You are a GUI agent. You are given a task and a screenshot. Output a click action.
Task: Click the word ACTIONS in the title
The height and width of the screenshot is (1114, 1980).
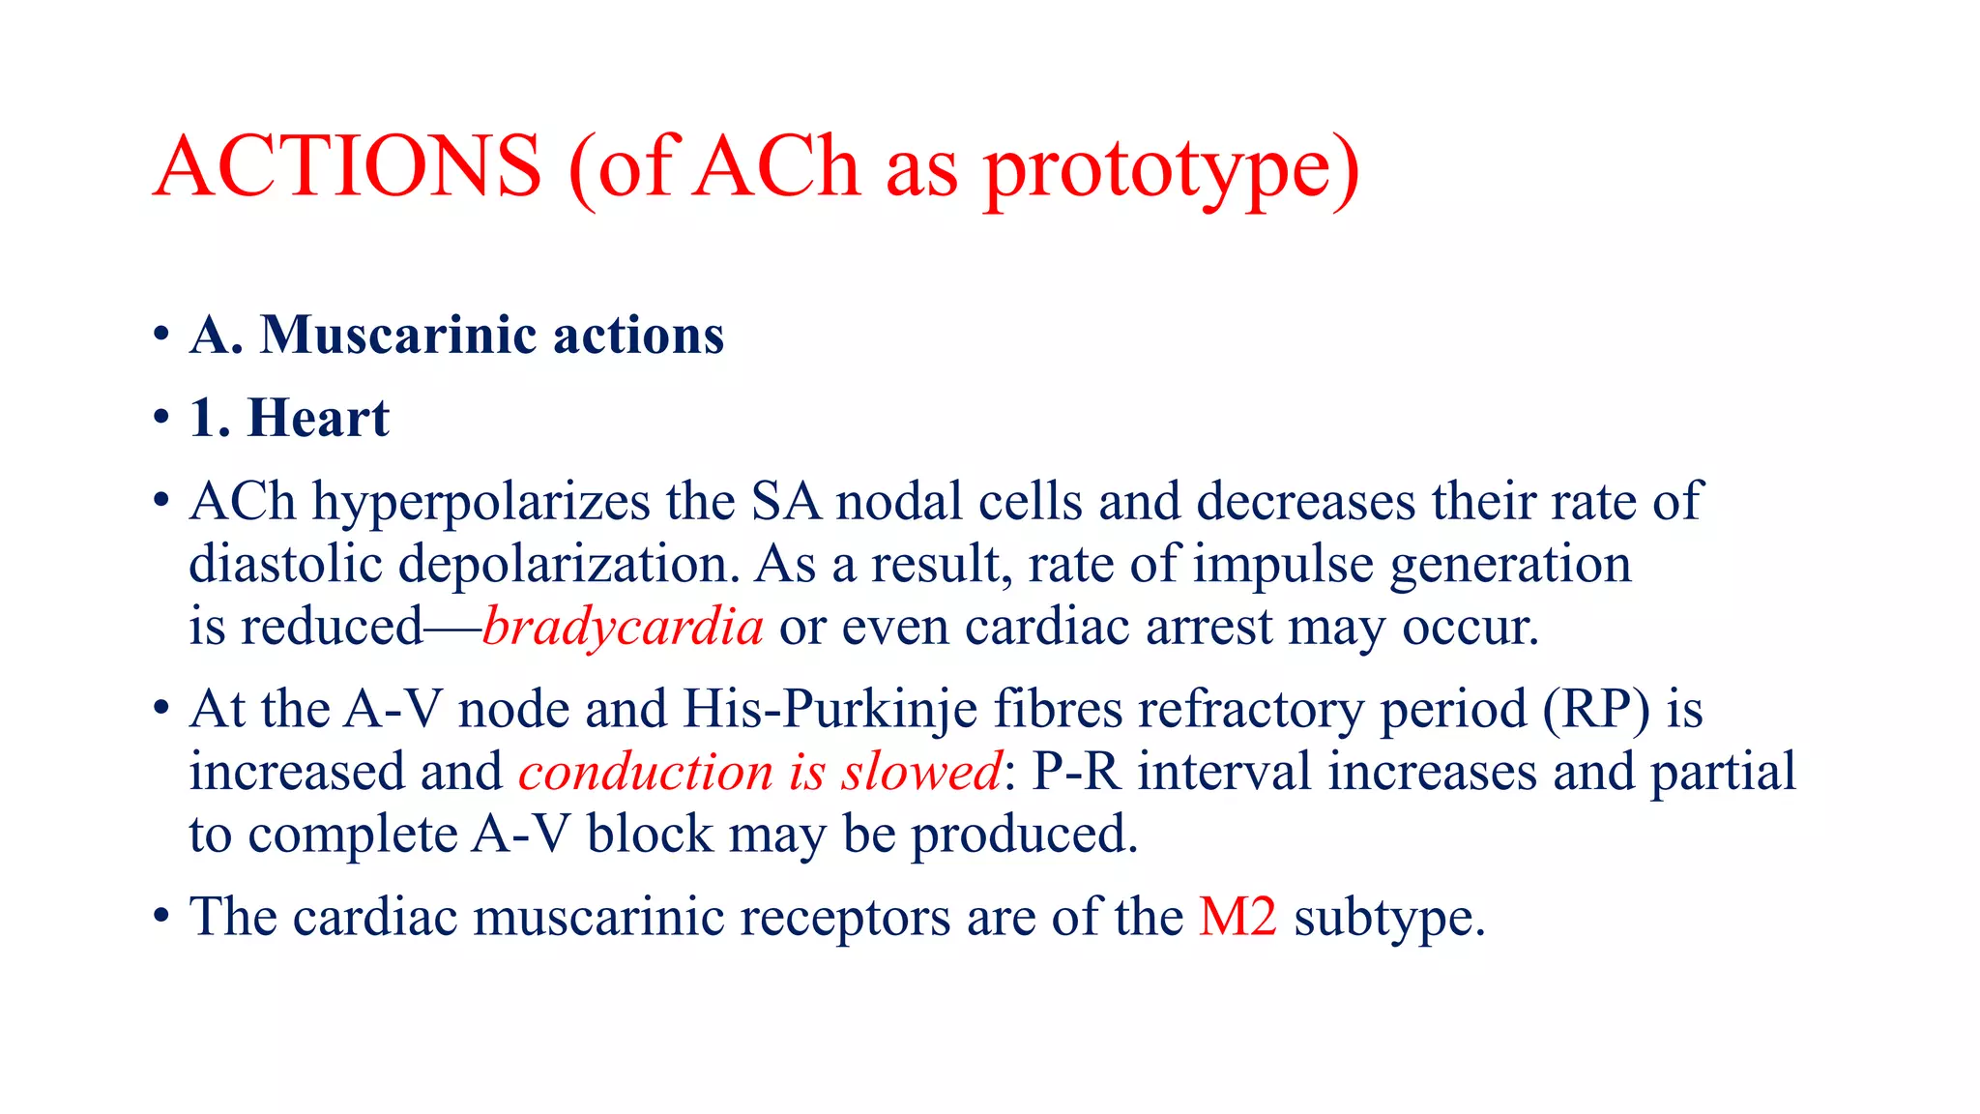coord(347,166)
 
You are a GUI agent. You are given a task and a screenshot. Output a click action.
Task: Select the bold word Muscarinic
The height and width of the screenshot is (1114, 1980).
coord(398,336)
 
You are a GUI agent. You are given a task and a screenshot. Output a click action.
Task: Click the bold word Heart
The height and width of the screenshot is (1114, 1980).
coord(318,419)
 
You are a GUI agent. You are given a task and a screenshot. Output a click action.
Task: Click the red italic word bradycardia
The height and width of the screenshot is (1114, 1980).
coord(624,628)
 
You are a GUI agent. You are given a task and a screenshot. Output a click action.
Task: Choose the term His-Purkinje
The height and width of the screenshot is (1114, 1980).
coord(830,711)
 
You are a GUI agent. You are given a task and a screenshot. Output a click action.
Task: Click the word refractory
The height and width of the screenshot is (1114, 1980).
coord(1251,711)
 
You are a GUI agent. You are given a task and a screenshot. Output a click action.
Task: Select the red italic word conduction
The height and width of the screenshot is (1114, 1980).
coord(646,772)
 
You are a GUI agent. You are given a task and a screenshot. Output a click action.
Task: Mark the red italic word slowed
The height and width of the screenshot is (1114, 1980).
coord(921,772)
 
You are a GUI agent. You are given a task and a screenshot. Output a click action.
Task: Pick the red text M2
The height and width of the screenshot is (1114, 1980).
coord(1237,917)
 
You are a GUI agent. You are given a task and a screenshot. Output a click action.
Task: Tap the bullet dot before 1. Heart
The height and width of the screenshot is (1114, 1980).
coord(161,420)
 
